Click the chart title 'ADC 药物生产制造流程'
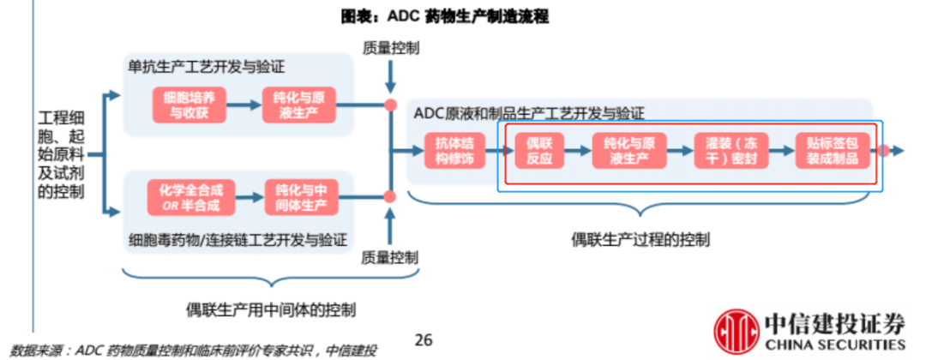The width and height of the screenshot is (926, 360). tap(462, 15)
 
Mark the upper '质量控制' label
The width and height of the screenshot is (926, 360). tap(391, 50)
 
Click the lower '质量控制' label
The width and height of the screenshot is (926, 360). tap(391, 256)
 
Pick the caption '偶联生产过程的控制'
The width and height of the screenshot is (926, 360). tap(640, 240)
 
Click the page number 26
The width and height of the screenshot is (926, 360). tap(423, 340)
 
